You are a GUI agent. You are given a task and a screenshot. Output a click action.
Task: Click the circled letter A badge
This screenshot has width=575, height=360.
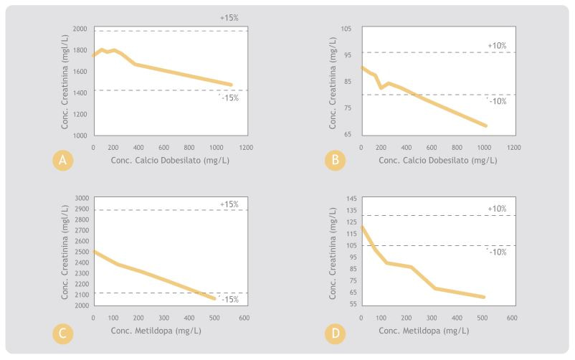(63, 161)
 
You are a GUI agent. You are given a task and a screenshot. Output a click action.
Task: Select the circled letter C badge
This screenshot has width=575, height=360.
(63, 332)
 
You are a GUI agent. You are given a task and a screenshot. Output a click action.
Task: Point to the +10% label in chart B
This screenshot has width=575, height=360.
(497, 46)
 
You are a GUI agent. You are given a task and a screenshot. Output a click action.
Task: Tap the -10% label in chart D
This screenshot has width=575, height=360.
(496, 252)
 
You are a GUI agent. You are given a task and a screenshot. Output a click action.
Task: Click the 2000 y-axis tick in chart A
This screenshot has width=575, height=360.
(79, 29)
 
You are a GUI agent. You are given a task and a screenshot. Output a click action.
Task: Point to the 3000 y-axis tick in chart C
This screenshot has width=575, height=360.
(79, 199)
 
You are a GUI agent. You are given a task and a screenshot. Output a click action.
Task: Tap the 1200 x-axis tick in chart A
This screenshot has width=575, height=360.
(246, 147)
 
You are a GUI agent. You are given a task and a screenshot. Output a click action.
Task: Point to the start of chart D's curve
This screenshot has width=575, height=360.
(361, 227)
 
